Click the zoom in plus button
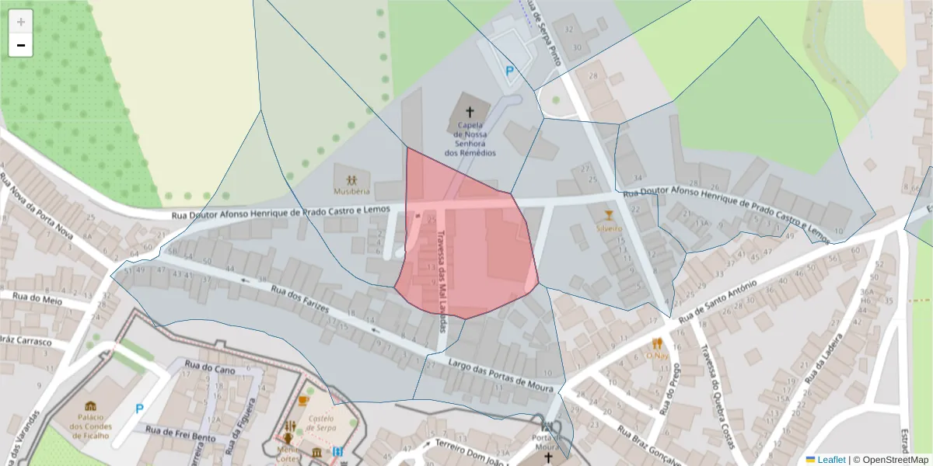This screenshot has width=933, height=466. tap(21, 22)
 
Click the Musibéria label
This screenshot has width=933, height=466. tap(351, 191)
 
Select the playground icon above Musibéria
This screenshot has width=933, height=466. tap(351, 180)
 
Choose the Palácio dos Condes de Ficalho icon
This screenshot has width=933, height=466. tap(90, 406)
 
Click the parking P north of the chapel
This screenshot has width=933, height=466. tap(510, 71)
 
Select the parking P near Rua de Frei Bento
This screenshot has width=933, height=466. tap(140, 409)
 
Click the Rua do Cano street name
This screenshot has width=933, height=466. tap(209, 370)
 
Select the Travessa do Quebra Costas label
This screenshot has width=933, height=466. tap(720, 396)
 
